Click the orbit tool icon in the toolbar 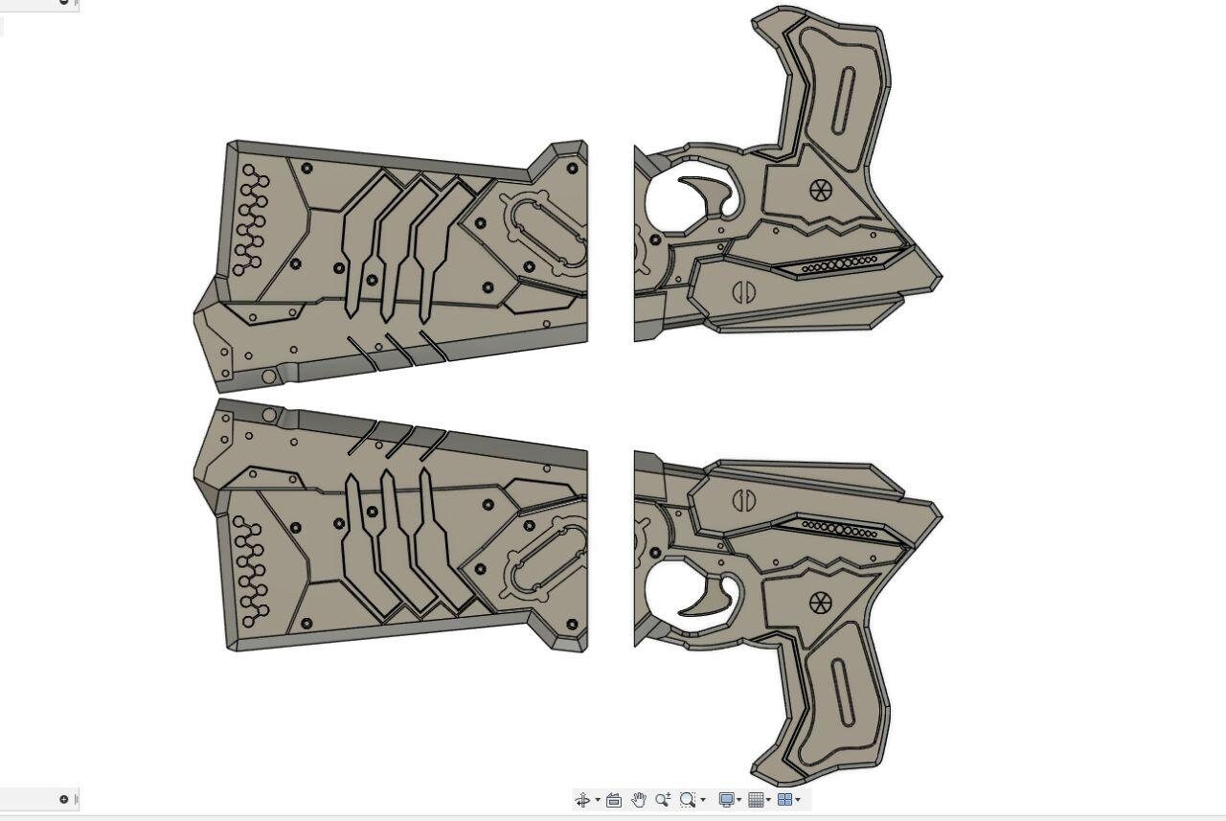pos(582,800)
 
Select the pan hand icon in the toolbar pos(638,800)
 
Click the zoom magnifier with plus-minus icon pos(663,800)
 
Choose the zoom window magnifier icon pos(688,800)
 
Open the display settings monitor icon pos(727,800)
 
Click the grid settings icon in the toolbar pos(756,800)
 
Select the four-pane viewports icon pos(784,800)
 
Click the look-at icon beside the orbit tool pos(614,800)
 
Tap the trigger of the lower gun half pos(712,598)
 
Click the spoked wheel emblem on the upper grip pos(821,190)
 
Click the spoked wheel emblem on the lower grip pos(821,603)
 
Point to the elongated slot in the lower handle pos(843,692)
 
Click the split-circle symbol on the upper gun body pos(743,292)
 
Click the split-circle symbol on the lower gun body pos(743,499)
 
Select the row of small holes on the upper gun pos(839,264)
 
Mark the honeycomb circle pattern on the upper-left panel pos(252,218)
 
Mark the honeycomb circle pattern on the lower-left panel pos(252,573)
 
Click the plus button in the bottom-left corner pos(64,799)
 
